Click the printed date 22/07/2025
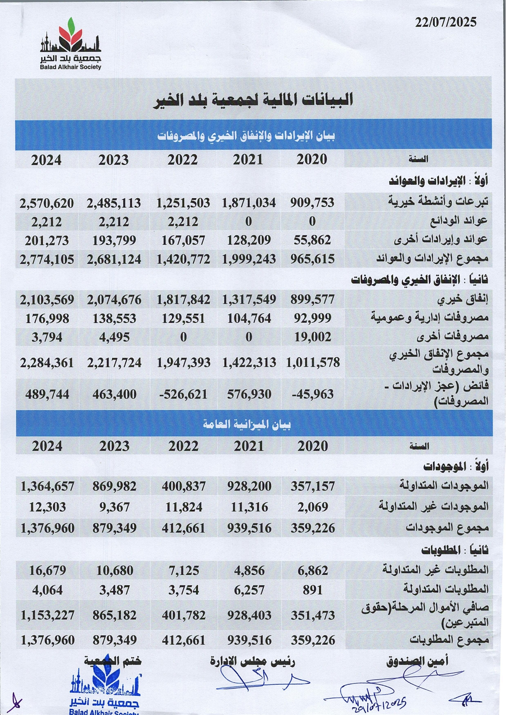point(446,22)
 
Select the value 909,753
point(312,203)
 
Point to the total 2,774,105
point(47,259)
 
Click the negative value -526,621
point(183,394)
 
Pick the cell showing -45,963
point(313,394)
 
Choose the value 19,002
point(313,337)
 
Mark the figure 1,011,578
point(313,362)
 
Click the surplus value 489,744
point(47,394)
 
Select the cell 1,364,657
point(47,486)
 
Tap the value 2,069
point(313,507)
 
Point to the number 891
point(313,590)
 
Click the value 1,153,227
point(47,615)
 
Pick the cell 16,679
point(47,570)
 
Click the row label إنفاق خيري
point(463,300)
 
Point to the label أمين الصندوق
point(417,661)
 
